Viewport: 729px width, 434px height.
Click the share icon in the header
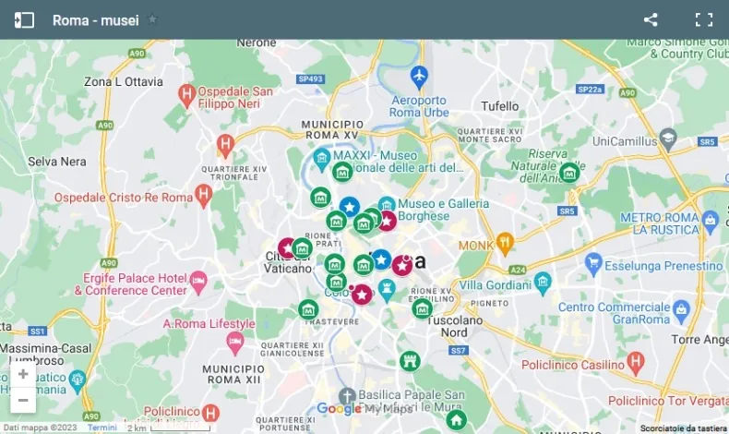tap(651, 19)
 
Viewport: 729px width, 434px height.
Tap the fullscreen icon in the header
tap(704, 19)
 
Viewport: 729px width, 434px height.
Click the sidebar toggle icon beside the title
tap(25, 19)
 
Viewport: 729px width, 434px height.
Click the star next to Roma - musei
tap(153, 19)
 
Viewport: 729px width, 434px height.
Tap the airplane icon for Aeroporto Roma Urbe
tap(420, 74)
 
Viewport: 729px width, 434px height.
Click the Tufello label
tap(500, 106)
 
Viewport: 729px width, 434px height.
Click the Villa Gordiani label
tap(498, 284)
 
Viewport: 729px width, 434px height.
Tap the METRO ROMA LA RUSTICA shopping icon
tap(710, 222)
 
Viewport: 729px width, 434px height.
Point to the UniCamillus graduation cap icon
tap(668, 139)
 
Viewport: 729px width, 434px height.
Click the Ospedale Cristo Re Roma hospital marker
tap(203, 194)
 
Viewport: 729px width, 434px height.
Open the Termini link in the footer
tap(102, 428)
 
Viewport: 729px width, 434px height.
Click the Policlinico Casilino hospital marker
tap(634, 365)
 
